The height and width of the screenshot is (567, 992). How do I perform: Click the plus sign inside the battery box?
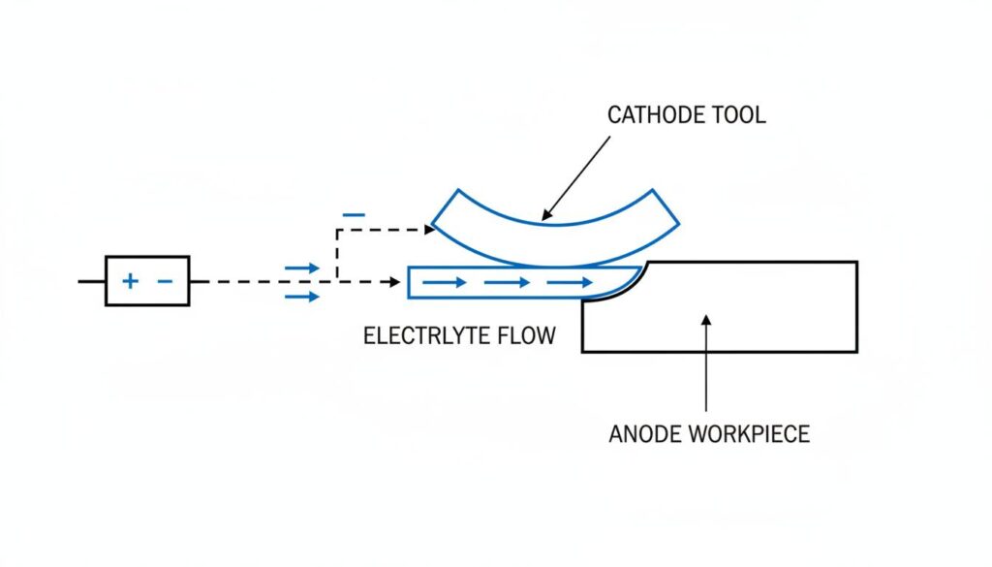tap(129, 281)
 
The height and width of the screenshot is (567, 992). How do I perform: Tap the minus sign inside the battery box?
tap(165, 281)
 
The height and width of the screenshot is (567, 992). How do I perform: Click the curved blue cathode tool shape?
tap(552, 233)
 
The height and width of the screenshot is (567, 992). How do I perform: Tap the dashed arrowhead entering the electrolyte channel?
tap(395, 282)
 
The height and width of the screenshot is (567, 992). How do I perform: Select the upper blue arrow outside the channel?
tap(301, 268)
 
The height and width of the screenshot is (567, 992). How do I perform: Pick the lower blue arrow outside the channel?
tap(301, 296)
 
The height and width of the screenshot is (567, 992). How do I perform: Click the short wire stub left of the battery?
tap(91, 281)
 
